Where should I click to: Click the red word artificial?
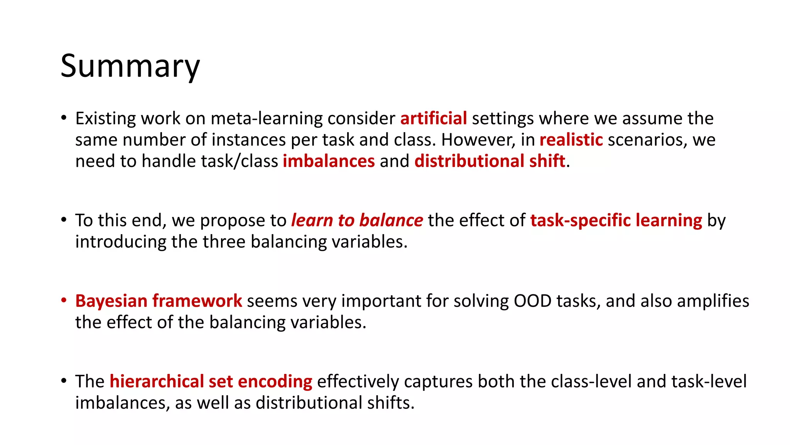[434, 119]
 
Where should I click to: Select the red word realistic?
[571, 140]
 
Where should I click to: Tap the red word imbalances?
[329, 161]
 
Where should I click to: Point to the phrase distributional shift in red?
[490, 161]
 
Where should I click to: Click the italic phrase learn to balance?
[357, 221]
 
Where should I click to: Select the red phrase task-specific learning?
[616, 221]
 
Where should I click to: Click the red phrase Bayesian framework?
[159, 301]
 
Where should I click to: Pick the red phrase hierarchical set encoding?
[211, 382]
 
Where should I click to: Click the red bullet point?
[64, 300]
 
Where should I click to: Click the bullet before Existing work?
[64, 117]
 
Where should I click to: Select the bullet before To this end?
[64, 220]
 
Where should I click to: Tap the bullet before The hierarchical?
[64, 381]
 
